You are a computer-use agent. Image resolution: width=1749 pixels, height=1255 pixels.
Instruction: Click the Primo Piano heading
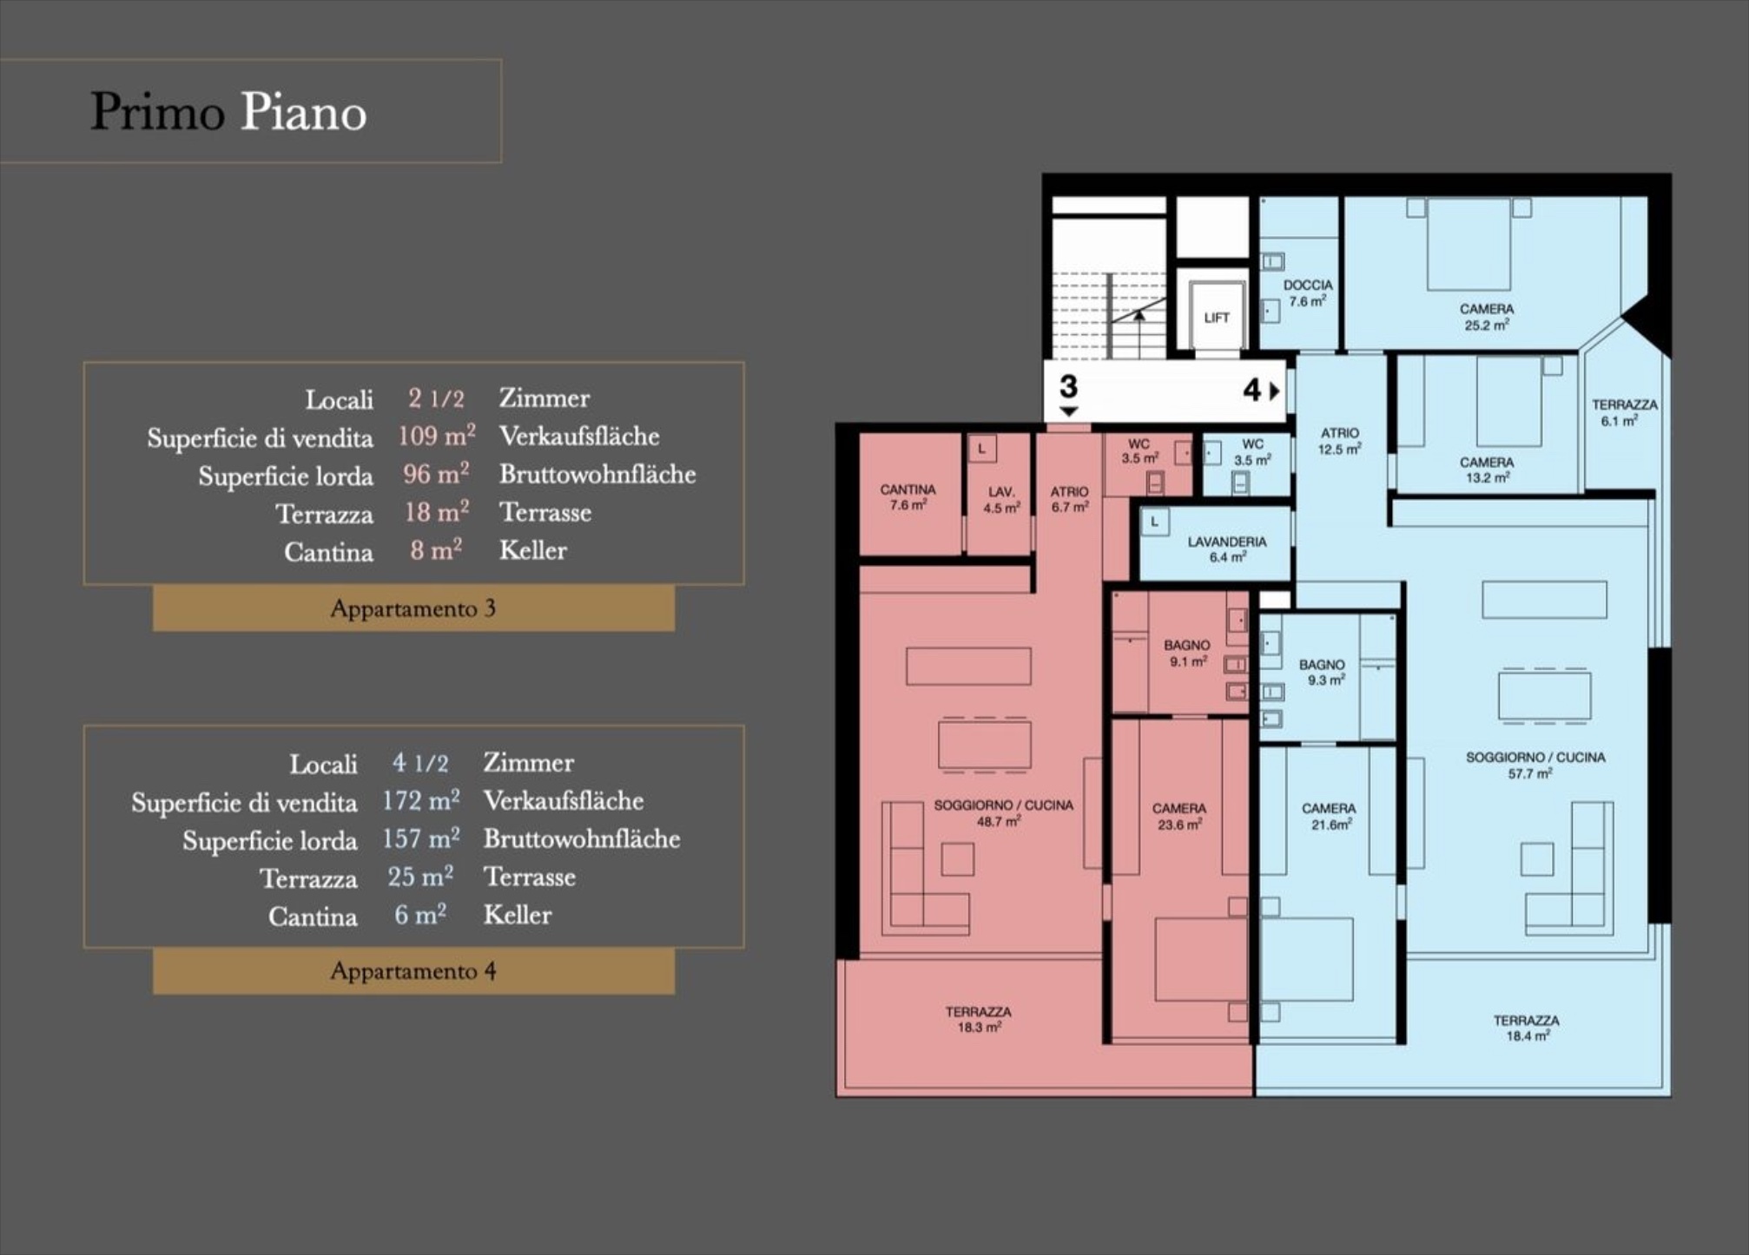(228, 112)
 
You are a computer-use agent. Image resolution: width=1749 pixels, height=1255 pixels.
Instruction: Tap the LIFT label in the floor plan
(1216, 318)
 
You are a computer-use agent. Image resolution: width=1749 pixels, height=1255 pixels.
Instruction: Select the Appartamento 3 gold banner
(413, 608)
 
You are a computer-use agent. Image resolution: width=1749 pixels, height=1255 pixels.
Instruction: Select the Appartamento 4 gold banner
(413, 970)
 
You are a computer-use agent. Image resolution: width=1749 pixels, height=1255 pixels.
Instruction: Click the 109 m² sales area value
(437, 435)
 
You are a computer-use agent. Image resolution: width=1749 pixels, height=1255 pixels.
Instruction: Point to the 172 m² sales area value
(421, 799)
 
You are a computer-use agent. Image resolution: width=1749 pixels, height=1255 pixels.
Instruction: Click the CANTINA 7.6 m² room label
(907, 496)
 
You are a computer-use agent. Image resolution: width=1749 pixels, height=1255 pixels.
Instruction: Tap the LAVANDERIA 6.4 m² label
(1227, 549)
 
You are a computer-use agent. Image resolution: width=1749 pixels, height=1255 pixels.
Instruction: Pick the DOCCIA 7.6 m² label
(1308, 292)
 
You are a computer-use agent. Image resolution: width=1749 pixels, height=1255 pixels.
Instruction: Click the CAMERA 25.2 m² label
(1487, 317)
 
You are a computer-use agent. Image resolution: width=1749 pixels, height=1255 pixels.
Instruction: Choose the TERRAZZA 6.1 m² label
(1624, 412)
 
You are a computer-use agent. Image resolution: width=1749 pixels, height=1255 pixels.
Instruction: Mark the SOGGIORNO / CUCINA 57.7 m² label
(1535, 765)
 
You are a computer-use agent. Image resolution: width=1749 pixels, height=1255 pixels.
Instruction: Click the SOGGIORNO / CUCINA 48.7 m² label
(1003, 812)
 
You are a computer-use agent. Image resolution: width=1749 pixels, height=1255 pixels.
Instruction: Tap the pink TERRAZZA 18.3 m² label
(978, 1019)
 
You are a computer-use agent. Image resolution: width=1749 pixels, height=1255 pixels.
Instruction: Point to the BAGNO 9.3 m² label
(1322, 672)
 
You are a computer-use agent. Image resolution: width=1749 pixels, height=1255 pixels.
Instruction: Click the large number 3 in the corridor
(1068, 386)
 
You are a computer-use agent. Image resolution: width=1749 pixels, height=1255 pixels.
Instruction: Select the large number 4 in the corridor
(1251, 390)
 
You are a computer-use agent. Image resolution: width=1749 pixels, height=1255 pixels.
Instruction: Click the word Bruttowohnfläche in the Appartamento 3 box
(597, 474)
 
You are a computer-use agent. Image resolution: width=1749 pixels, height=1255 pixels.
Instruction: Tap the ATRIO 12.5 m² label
(1339, 440)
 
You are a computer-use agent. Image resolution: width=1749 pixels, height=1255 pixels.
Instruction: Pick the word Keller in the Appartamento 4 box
(518, 914)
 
